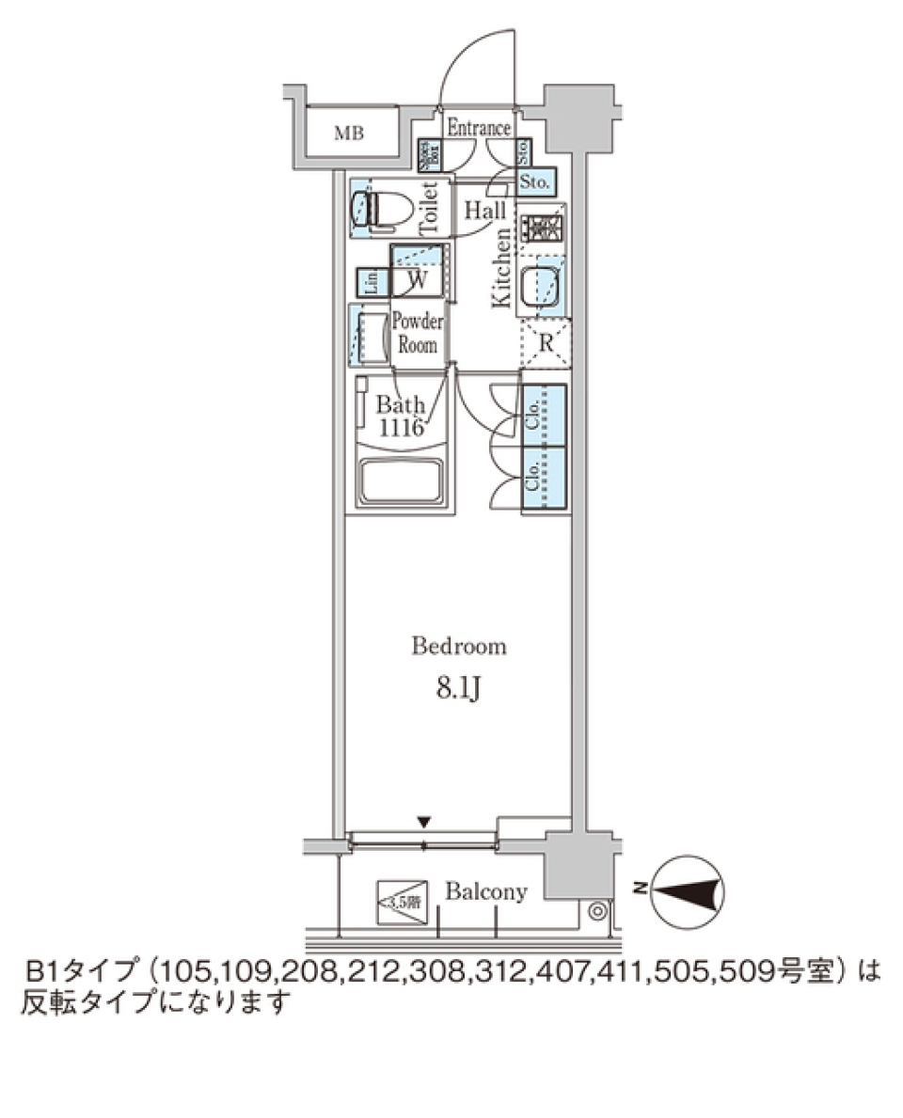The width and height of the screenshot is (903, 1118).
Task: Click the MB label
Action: (x=350, y=134)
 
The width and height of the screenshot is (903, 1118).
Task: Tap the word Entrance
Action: (x=478, y=129)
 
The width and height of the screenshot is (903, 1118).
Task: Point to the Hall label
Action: (x=485, y=211)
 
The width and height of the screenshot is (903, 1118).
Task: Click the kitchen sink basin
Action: (x=544, y=286)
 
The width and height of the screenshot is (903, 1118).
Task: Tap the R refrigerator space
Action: (x=545, y=342)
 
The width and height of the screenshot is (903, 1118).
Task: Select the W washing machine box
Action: (x=420, y=279)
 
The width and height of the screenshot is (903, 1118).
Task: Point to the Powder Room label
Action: (x=417, y=333)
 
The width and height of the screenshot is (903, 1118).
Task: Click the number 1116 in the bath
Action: (x=403, y=428)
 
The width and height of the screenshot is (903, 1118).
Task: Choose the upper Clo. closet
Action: (x=544, y=415)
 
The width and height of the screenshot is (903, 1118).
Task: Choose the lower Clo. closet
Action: (x=544, y=480)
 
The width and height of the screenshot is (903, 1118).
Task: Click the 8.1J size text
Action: (x=459, y=689)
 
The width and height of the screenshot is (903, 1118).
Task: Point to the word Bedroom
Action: (x=460, y=647)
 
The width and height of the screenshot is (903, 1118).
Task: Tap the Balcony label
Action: (x=486, y=892)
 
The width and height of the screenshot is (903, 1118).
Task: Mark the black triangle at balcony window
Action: (x=424, y=822)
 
